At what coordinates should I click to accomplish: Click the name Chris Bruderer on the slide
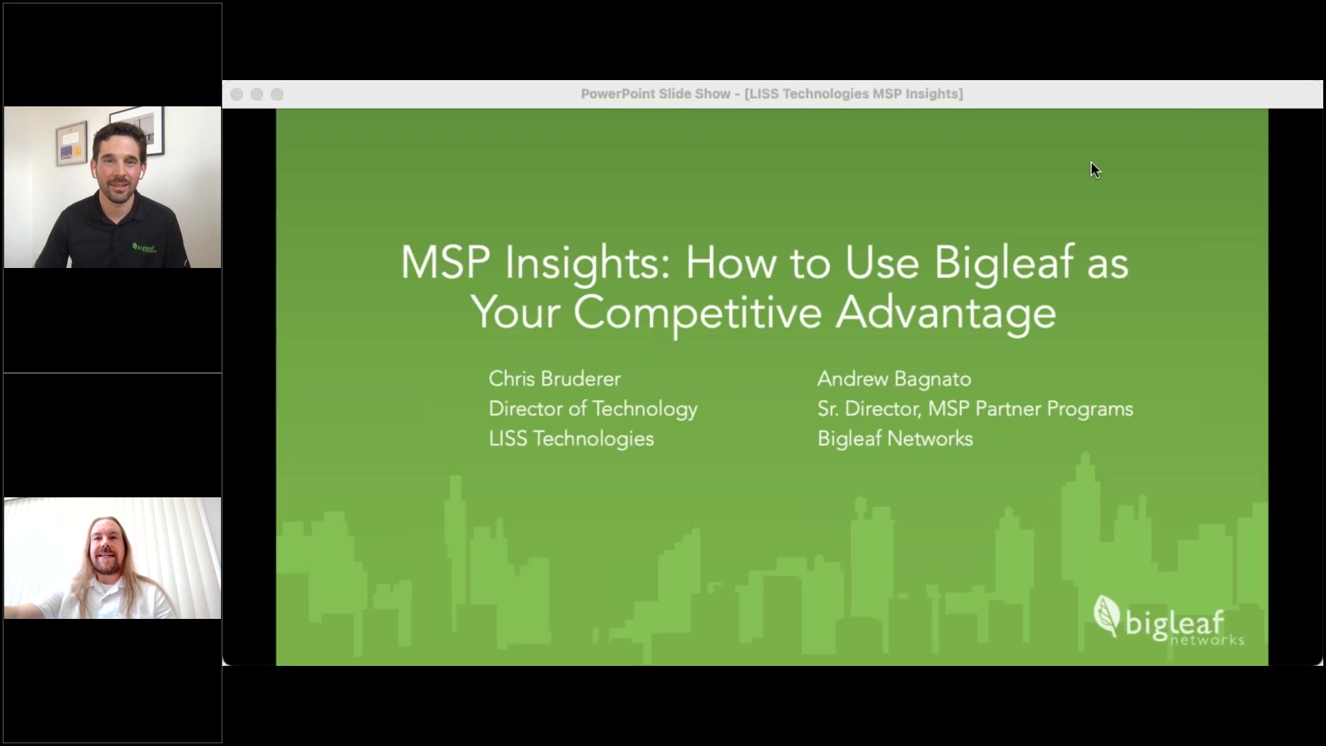click(555, 379)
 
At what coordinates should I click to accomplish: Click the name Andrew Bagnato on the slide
click(894, 379)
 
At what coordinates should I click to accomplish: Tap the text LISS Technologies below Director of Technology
click(570, 439)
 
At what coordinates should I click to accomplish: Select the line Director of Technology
click(593, 409)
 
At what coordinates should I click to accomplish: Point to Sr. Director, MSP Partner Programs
click(974, 409)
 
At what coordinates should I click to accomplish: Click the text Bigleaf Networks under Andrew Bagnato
click(894, 439)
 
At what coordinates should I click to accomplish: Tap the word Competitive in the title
click(697, 313)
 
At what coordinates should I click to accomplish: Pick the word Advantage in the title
click(945, 313)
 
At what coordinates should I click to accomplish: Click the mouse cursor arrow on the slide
click(1095, 170)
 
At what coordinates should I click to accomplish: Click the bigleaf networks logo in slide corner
click(1167, 620)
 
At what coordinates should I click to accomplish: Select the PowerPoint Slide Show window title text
click(771, 94)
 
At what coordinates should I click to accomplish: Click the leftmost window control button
click(236, 95)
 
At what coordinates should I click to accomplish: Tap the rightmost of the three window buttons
click(277, 95)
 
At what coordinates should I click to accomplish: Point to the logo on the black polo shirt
click(144, 247)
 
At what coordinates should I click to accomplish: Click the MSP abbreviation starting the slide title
click(445, 263)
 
